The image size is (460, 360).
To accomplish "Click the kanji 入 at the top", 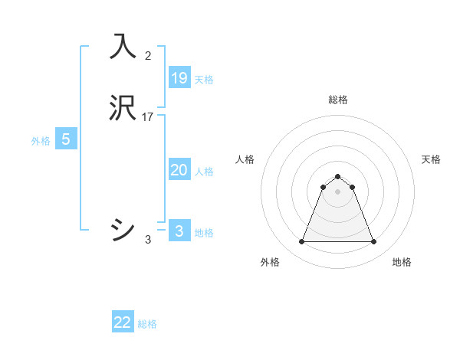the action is tap(123, 47).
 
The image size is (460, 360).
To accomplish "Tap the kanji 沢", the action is tap(123, 109).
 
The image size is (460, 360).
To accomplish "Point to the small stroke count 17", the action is tap(148, 117).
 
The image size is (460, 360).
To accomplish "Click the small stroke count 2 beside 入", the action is tap(148, 55).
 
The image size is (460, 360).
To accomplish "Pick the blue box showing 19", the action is tap(179, 77).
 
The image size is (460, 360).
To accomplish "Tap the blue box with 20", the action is tap(179, 170).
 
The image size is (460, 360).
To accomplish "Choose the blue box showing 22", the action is tap(123, 322).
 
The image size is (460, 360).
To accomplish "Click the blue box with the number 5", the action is tap(66, 139).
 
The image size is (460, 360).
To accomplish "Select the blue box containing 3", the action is tap(179, 231).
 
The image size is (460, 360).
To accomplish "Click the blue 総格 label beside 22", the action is tap(147, 324).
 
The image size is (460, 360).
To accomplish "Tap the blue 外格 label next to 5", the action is tap(41, 141).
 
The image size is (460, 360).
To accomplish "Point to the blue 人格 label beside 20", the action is tap(205, 172).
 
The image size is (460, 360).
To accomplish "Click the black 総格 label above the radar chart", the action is tap(338, 100).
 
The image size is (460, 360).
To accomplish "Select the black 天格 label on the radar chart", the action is tap(432, 159).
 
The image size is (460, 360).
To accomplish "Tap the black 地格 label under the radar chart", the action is tap(402, 263).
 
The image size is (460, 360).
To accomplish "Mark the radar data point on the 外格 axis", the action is tap(301, 242).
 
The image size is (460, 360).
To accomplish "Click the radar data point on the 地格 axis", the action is tap(374, 242).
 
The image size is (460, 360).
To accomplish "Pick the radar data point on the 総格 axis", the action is tap(338, 176).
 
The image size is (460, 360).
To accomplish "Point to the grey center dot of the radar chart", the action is tap(338, 191).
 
